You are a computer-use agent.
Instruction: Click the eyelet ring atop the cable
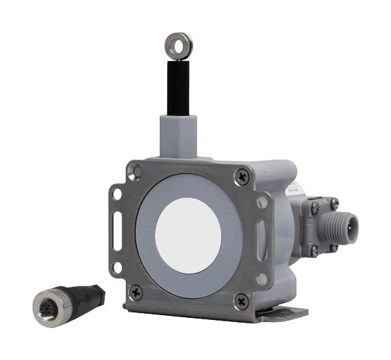[x=178, y=46]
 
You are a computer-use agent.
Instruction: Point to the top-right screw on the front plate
[x=243, y=177]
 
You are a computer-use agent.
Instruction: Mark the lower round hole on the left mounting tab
[x=116, y=267]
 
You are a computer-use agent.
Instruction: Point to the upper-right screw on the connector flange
[x=334, y=202]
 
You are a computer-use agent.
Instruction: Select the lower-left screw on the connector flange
[x=314, y=250]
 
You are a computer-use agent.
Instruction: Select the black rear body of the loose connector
[x=90, y=296]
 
